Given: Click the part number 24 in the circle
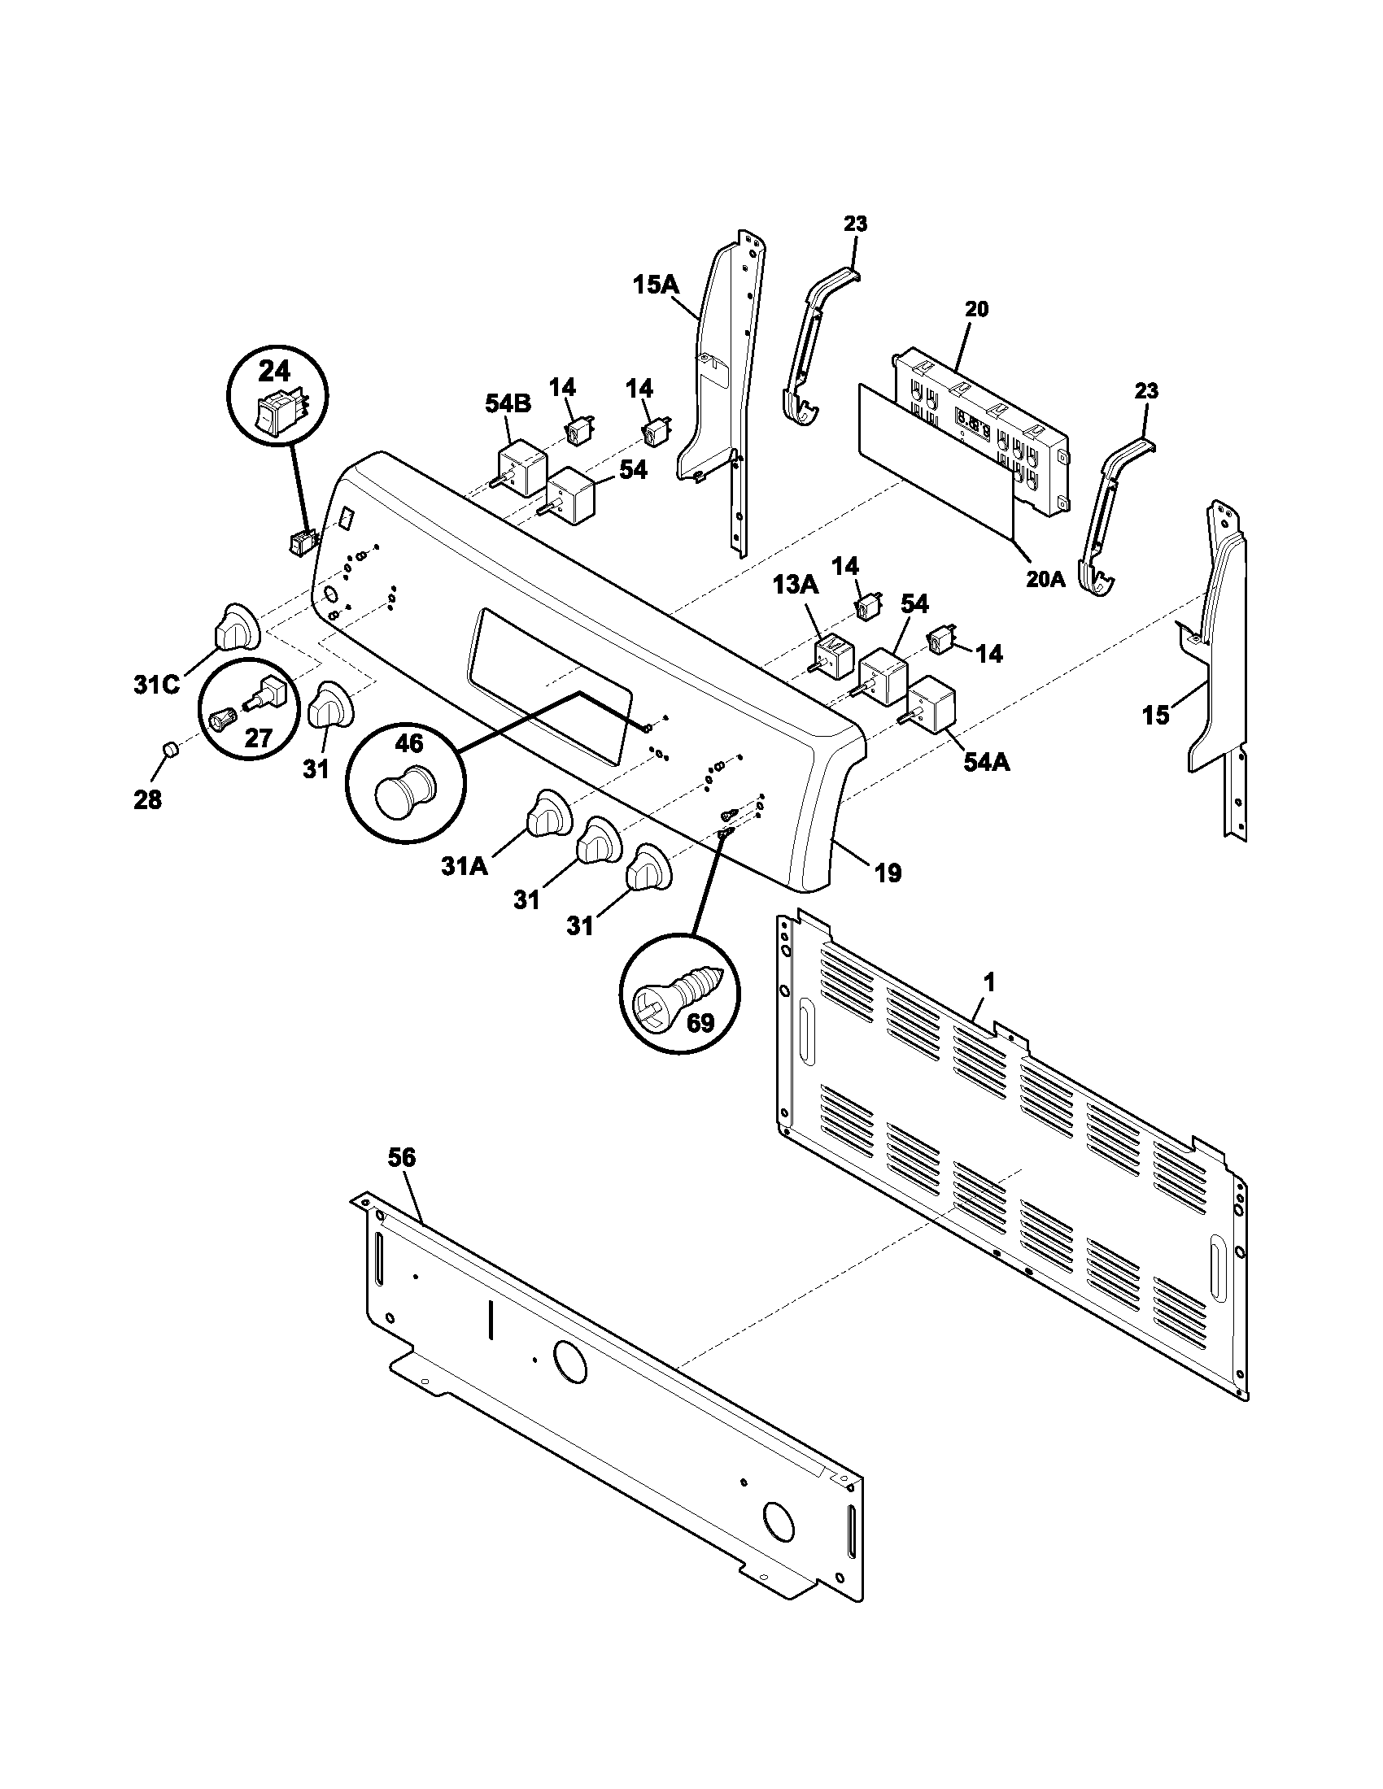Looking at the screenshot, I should [x=274, y=372].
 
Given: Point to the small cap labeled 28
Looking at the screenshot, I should [x=168, y=750].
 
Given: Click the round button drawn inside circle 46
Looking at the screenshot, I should [x=405, y=790].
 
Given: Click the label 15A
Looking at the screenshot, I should [x=657, y=286].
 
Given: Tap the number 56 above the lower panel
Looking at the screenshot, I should [x=402, y=1157].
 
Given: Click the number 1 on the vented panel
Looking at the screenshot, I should [x=989, y=982].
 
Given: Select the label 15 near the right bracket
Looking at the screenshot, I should [x=1156, y=715].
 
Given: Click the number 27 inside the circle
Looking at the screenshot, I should [x=259, y=738].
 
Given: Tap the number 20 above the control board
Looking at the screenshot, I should [x=975, y=309].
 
